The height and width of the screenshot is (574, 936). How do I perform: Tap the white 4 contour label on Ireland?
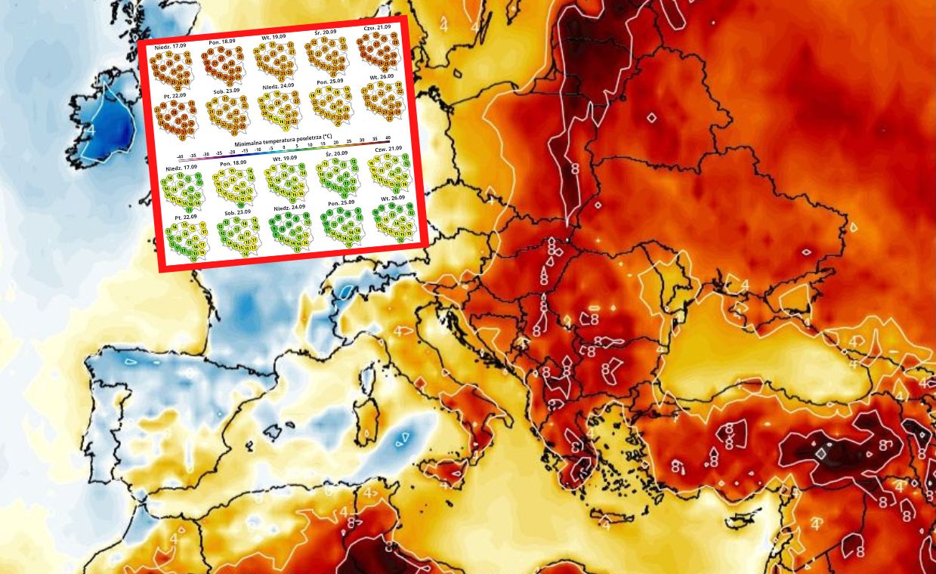(91, 130)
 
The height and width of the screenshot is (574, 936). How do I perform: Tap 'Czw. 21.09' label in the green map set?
(387, 149)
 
